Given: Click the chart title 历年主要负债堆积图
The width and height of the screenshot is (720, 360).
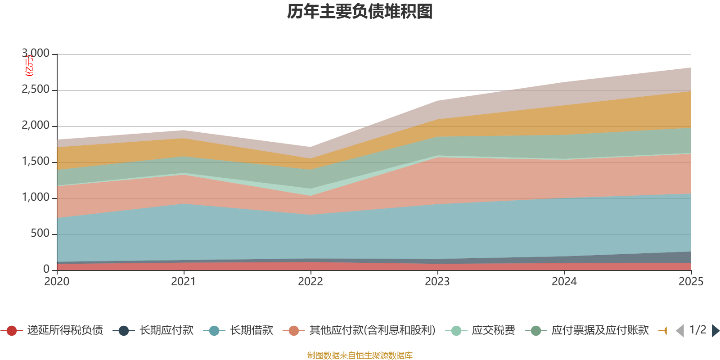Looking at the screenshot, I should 360,12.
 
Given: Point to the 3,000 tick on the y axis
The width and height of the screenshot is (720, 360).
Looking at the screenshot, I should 36,54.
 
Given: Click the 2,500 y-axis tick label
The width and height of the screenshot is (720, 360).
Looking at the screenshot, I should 36,90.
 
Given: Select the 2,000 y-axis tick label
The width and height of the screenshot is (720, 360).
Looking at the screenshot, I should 36,126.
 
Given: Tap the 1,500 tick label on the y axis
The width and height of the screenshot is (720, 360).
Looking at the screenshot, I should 36,162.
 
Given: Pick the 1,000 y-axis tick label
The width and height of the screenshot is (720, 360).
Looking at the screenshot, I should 36,198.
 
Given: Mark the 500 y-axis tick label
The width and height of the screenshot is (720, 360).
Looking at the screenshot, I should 40,234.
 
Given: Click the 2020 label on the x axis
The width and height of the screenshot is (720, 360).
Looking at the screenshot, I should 57,282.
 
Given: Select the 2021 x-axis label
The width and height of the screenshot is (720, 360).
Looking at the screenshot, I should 184,282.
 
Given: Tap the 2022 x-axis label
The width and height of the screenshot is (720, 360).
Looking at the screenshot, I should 310,282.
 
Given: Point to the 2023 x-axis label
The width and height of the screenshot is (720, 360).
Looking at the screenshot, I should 437,282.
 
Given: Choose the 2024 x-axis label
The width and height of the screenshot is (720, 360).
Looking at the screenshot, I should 564,282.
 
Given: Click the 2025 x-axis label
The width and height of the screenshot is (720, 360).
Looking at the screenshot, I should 691,282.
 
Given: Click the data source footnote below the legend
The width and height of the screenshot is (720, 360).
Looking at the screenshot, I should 360,355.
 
